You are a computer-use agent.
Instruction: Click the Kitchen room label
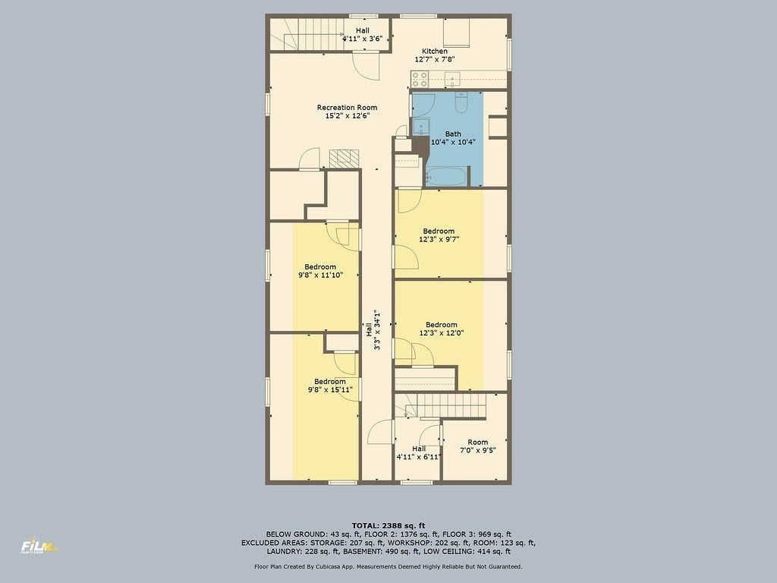point(435,52)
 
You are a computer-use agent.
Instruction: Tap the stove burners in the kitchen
point(420,78)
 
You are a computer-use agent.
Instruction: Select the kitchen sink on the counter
point(454,77)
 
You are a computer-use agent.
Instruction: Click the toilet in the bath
point(460,102)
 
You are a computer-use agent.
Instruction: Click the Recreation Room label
point(347,108)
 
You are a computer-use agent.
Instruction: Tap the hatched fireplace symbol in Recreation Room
point(344,159)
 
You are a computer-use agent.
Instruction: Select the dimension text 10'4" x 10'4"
point(453,142)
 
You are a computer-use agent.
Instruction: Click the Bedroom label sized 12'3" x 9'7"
point(439,231)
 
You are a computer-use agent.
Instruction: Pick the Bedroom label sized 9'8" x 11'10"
point(320,266)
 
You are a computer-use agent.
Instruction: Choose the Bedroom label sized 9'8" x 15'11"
point(330,381)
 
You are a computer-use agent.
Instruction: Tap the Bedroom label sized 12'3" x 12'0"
point(441,325)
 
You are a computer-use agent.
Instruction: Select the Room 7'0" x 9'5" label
point(478,442)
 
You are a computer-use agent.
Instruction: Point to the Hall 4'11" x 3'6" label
point(363,31)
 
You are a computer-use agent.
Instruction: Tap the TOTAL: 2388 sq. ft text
point(388,525)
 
